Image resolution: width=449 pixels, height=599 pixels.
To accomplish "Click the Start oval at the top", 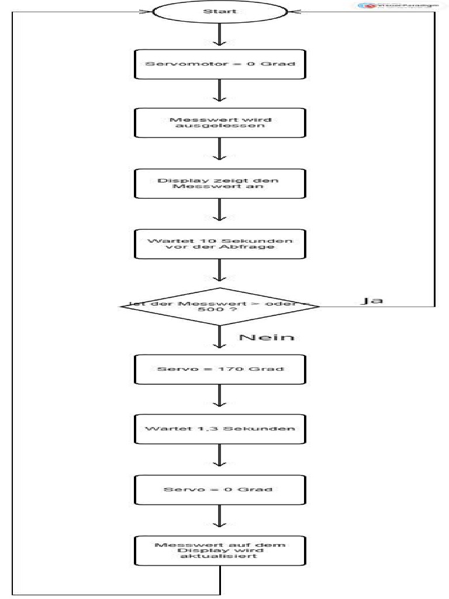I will (x=220, y=11).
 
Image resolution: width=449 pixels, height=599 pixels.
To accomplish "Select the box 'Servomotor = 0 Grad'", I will (x=220, y=64).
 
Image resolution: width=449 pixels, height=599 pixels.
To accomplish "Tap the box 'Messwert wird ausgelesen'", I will (x=220, y=123).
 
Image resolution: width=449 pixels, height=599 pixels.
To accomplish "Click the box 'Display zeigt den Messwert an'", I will (x=220, y=184).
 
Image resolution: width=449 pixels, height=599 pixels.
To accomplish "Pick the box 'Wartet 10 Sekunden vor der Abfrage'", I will (x=220, y=243).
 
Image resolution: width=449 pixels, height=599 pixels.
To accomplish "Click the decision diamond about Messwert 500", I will (x=220, y=306).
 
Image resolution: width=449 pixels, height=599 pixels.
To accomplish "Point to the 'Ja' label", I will (x=371, y=301).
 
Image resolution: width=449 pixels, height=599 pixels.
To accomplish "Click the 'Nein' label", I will (x=266, y=338).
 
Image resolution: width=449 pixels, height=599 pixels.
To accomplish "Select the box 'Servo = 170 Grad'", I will (x=220, y=369).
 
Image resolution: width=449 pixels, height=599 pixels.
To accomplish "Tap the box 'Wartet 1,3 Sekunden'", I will (x=220, y=429).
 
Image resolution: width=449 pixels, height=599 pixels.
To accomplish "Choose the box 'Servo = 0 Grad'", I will (x=220, y=490).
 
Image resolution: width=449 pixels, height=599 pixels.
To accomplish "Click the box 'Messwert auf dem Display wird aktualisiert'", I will (x=220, y=550).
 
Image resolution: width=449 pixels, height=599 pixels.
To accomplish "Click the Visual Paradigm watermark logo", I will (x=398, y=5).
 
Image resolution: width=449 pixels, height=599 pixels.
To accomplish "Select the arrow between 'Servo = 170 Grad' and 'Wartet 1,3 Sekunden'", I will (x=220, y=399).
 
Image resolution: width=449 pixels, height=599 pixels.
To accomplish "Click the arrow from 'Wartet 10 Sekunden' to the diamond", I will (x=220, y=273).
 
